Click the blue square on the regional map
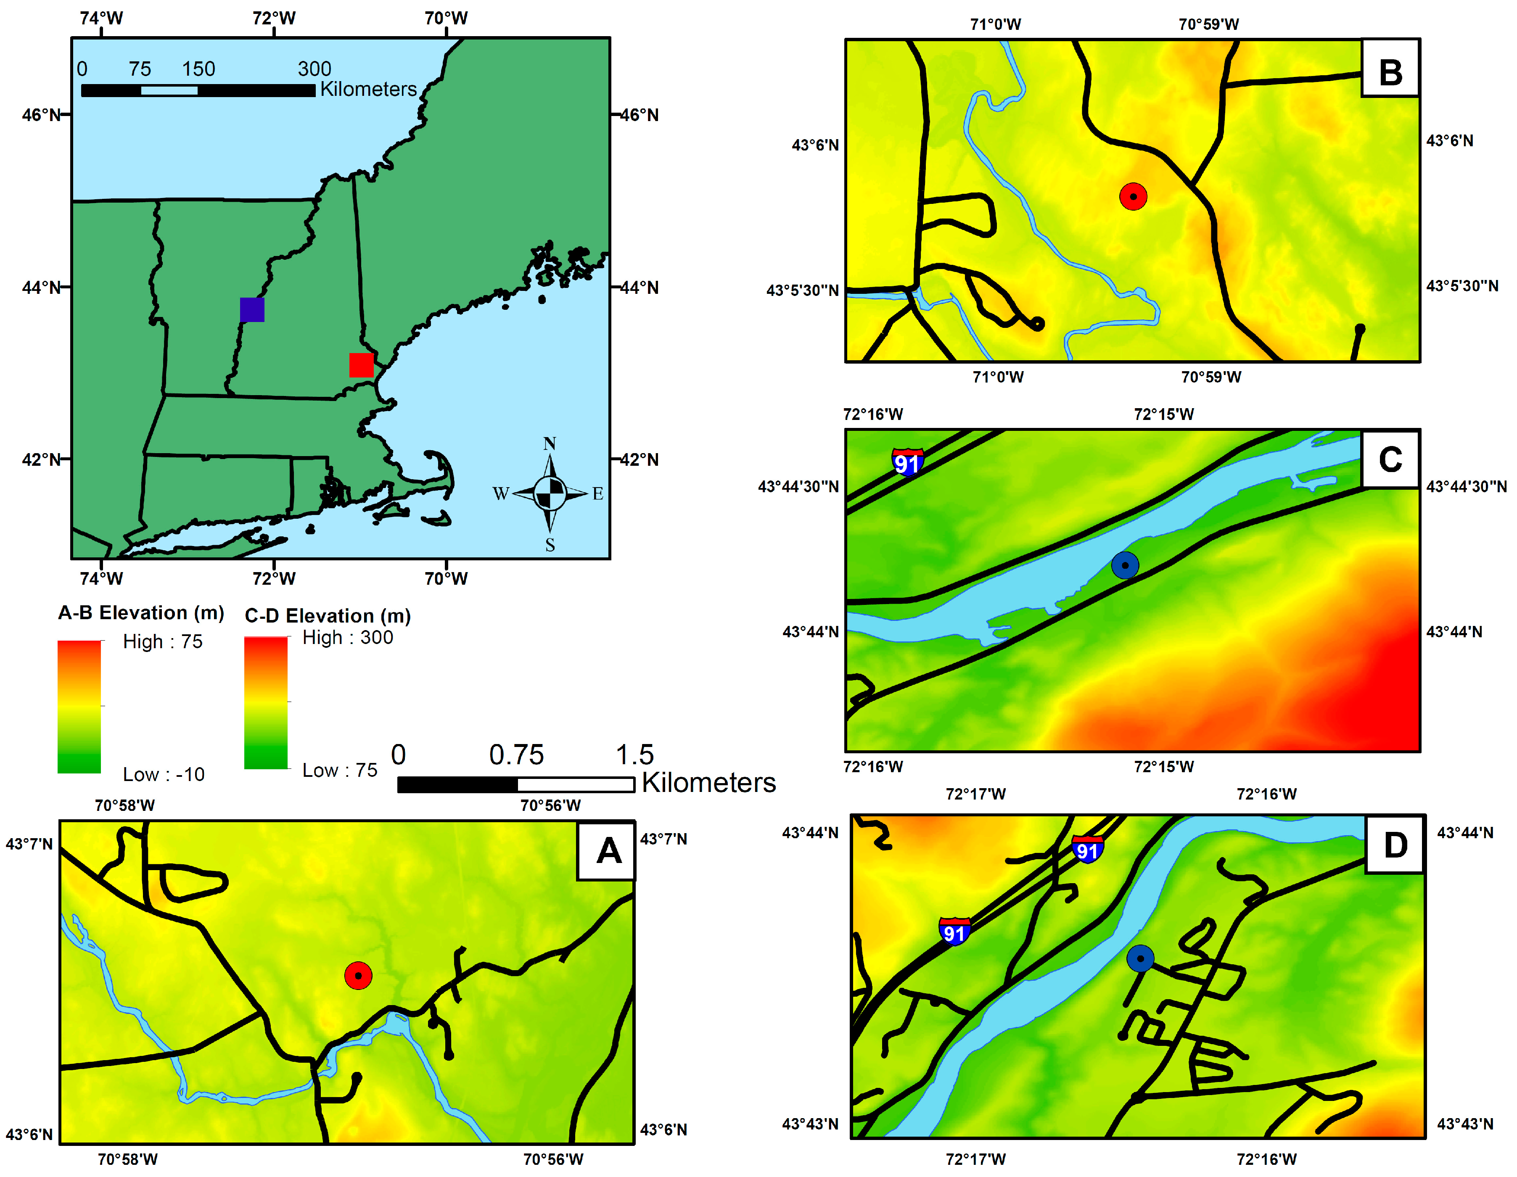tap(252, 310)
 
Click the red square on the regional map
tap(361, 364)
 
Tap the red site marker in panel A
tap(358, 976)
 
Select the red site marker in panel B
tap(1133, 196)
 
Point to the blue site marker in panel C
tap(1125, 565)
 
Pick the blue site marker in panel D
tap(1140, 959)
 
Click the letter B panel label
tap(1390, 72)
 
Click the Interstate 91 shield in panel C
tap(908, 462)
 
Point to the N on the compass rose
tap(550, 444)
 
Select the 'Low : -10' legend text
tap(164, 774)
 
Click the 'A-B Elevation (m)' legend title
tap(141, 612)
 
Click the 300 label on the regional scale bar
tap(314, 69)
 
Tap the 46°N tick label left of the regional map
tap(42, 115)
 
